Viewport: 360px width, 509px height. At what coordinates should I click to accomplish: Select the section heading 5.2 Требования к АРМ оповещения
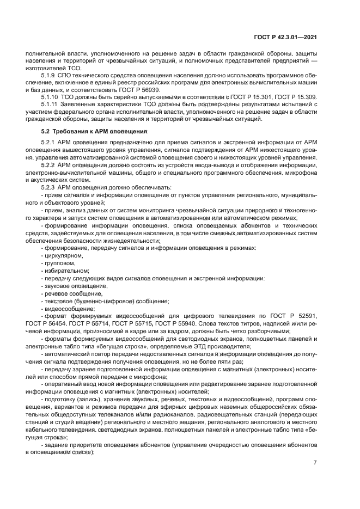[x=92, y=132]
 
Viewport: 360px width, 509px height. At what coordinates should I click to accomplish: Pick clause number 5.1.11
[x=51, y=104]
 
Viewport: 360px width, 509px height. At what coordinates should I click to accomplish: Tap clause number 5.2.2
[x=50, y=164]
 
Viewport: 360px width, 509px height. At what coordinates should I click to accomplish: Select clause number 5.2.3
[x=50, y=186]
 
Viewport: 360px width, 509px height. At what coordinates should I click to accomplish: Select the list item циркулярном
[x=63, y=255]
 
